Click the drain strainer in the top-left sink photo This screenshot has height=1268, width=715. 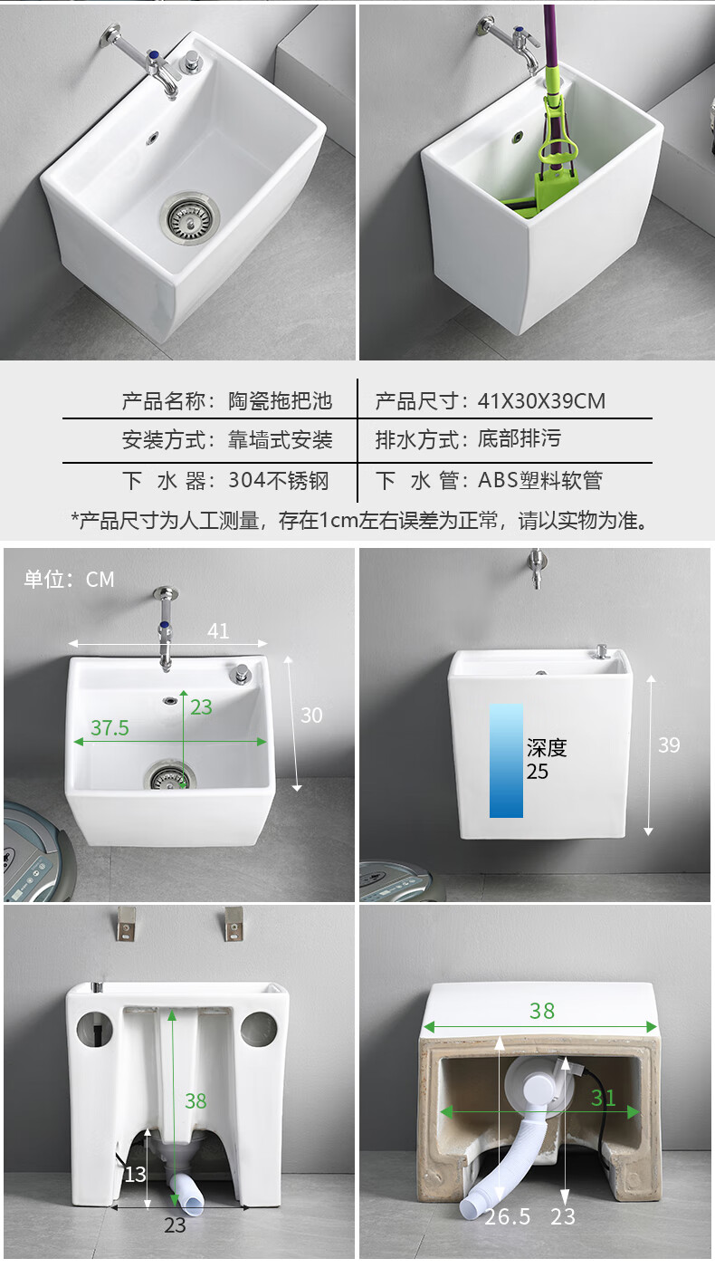click(x=190, y=215)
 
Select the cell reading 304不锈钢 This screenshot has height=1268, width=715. click(x=279, y=481)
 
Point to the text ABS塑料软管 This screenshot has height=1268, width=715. click(x=539, y=481)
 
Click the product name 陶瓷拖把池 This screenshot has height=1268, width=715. click(x=280, y=400)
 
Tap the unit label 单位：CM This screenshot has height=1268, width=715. click(x=70, y=580)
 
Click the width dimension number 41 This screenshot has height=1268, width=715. click(x=218, y=631)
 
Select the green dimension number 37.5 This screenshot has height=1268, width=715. click(x=110, y=728)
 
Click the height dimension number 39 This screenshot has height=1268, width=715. click(x=669, y=744)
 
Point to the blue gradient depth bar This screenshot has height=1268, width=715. click(x=506, y=761)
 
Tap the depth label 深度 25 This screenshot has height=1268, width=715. click(x=546, y=759)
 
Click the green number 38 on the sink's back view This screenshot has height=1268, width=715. click(x=195, y=1100)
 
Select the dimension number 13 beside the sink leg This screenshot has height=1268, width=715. click(x=134, y=1174)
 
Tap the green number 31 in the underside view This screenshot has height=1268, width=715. click(x=603, y=1099)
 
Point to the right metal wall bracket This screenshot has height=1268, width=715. click(x=235, y=923)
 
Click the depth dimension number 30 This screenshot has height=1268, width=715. click(x=311, y=715)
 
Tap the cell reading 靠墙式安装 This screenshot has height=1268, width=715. click(x=280, y=440)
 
